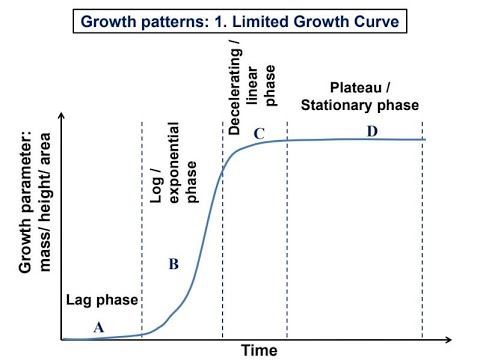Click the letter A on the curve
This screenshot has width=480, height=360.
click(x=98, y=326)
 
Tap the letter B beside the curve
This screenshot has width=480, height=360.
click(x=173, y=264)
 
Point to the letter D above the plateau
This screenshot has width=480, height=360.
click(x=372, y=129)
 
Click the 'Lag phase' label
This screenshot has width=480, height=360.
click(x=101, y=300)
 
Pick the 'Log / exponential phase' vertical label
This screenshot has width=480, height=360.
click(x=170, y=164)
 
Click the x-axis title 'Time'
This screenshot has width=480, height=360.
click(x=259, y=349)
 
